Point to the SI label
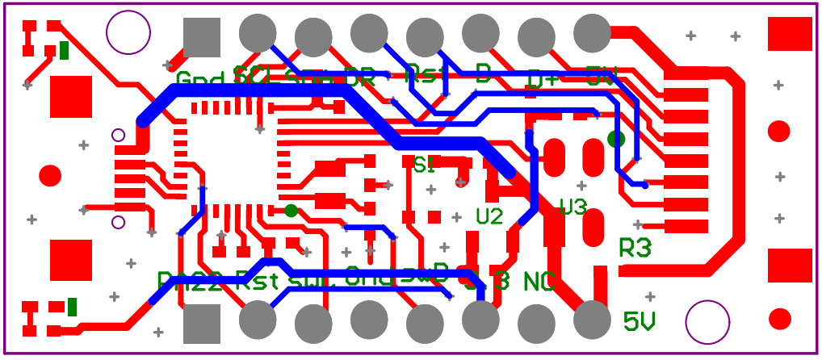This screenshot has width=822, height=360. point(424,165)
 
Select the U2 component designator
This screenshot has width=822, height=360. point(489,216)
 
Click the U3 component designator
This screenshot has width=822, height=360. point(572,207)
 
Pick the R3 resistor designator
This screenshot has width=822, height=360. point(635,249)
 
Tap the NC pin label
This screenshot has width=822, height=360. point(539,282)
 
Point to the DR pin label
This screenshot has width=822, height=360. point(360,79)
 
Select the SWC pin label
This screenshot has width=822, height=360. point(305,281)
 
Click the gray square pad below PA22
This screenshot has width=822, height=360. point(202,324)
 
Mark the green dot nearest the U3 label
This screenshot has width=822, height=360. point(616,139)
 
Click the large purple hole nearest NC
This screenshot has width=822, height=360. point(707,322)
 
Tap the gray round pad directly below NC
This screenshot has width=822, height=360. point(536,324)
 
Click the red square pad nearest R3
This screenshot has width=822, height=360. point(789,266)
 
